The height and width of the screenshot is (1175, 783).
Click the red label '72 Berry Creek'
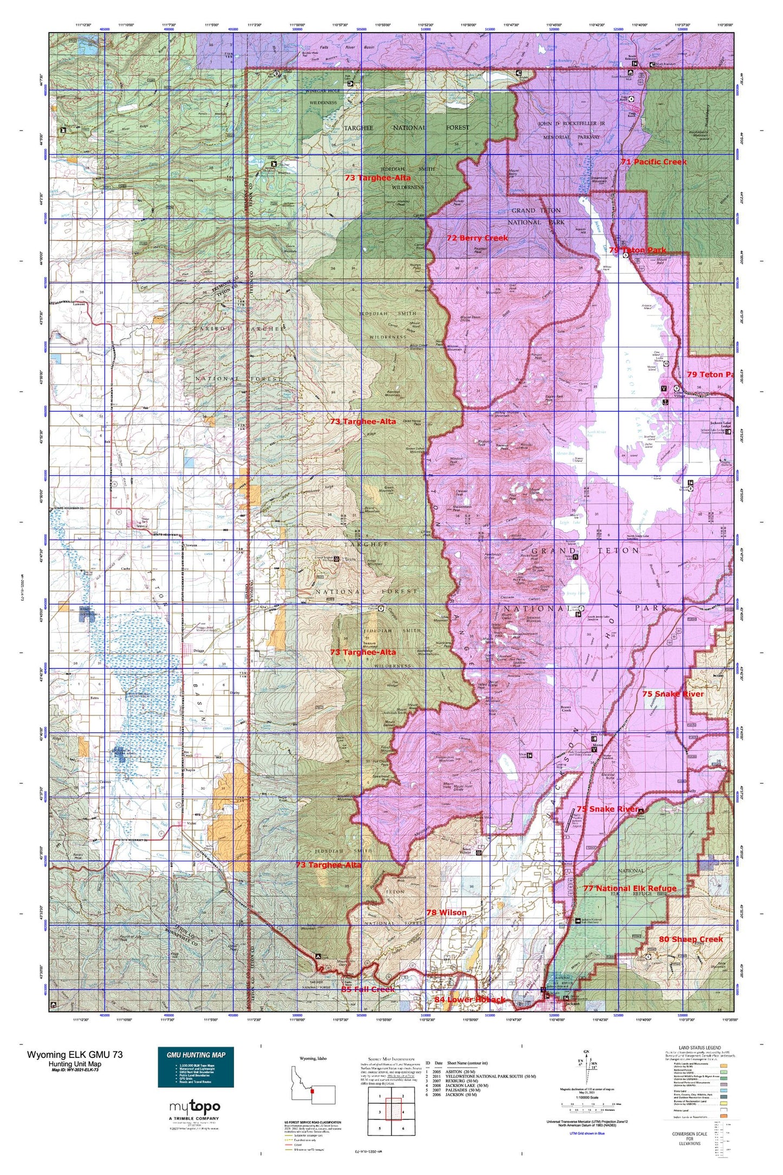477,238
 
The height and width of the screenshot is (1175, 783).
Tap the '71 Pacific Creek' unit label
653,162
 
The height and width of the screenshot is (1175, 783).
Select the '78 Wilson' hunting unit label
446,913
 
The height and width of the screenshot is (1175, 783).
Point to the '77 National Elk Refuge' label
630,888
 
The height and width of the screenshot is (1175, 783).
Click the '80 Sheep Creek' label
691,939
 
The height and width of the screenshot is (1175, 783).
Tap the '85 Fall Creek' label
368,989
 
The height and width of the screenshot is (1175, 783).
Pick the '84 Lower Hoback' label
470,999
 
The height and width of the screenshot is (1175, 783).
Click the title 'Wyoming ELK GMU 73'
75,1054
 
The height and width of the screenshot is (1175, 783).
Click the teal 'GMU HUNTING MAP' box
196,1067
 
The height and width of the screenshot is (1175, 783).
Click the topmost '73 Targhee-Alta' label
378,177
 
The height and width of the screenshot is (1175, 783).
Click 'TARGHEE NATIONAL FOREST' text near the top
406,127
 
